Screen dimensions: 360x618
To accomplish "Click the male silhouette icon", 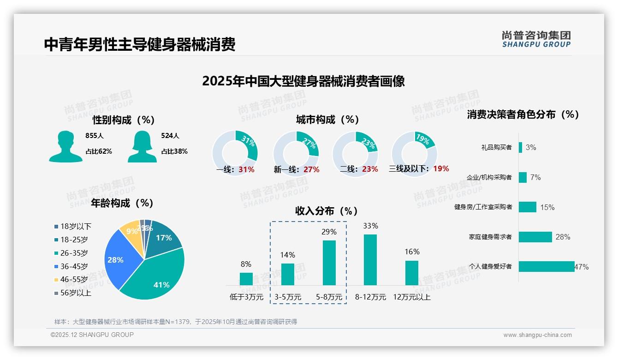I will [65, 146].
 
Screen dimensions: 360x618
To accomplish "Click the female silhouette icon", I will [142, 146].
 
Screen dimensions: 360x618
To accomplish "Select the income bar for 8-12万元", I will [370, 260].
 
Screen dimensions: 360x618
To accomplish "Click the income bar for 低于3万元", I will [246, 279].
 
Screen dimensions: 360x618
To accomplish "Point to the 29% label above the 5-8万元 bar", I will [329, 232].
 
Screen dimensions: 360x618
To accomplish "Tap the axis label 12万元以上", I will [412, 297].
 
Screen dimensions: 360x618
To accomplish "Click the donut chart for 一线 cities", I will [235, 153].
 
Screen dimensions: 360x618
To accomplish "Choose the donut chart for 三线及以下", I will [414, 153].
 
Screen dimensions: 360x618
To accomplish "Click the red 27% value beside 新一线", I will [311, 170].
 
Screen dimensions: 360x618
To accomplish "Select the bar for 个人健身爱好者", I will [547, 266].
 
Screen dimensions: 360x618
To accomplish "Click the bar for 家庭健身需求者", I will [535, 237].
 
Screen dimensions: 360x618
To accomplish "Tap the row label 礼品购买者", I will [496, 148].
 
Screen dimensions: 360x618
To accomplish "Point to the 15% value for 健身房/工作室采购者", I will [547, 208].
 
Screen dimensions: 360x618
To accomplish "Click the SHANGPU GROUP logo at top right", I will [536, 39].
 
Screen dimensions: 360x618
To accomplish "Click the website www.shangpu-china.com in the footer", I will [537, 335].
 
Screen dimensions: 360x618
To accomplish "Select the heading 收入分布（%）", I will [327, 211].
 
